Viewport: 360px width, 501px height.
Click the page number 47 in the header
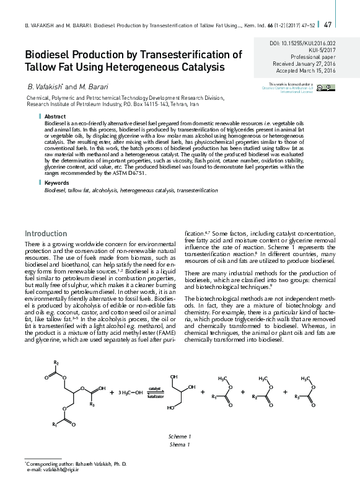tap(328, 24)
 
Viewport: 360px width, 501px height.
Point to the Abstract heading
tap(55, 117)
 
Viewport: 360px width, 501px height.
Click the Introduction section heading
tap(45, 233)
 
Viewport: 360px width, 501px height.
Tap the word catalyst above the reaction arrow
tap(154, 389)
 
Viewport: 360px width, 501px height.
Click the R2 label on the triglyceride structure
tap(56, 361)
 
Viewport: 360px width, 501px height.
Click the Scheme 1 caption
tap(179, 437)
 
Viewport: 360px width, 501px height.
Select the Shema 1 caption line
tap(179, 444)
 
